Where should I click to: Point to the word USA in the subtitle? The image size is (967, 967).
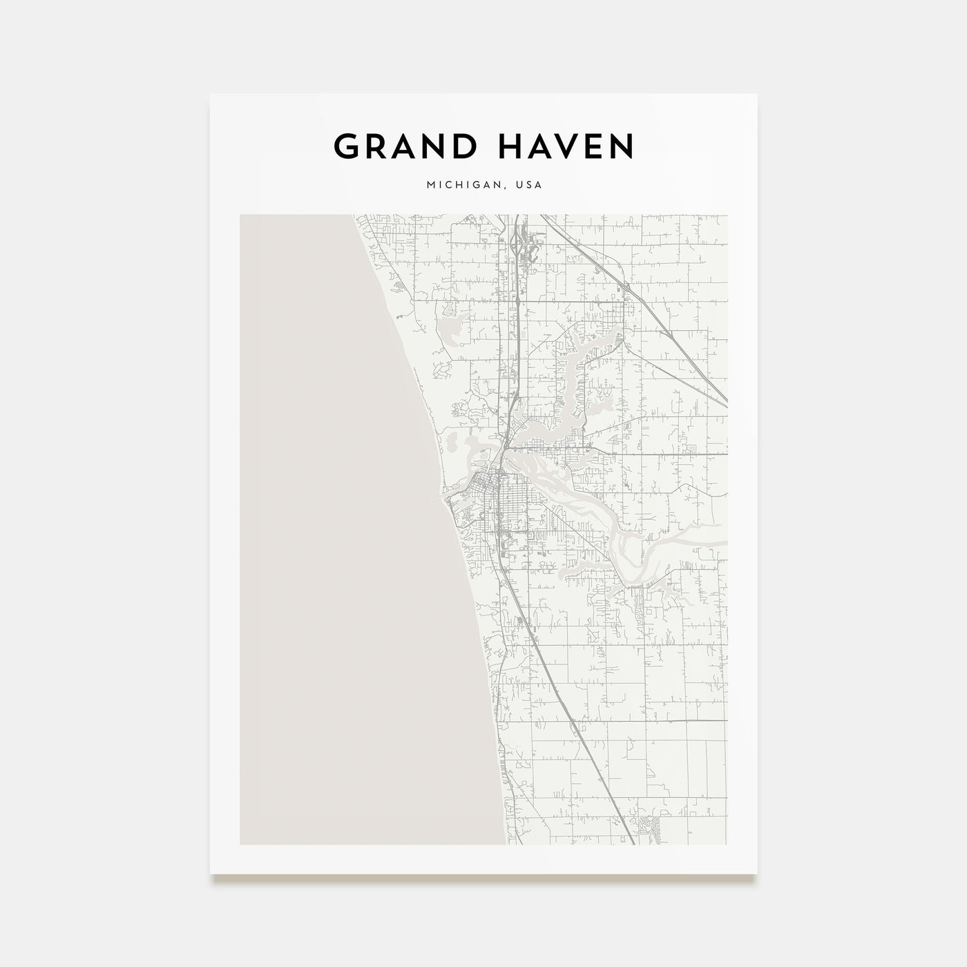529,185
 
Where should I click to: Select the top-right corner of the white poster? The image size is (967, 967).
757,95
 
